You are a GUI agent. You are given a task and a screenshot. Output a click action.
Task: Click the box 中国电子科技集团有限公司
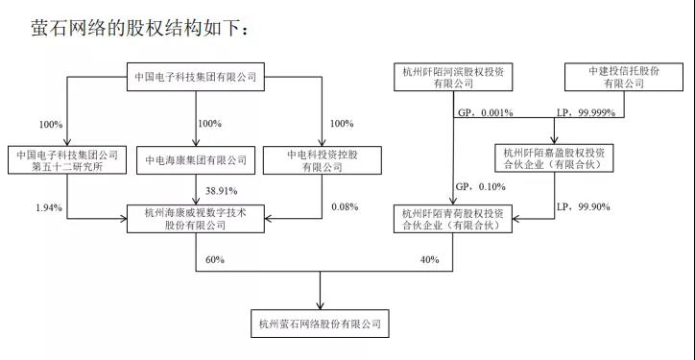tap(195, 76)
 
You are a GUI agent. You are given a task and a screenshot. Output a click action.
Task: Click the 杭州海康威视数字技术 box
tap(195, 218)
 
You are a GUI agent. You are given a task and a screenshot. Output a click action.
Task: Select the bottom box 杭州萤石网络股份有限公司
tap(319, 324)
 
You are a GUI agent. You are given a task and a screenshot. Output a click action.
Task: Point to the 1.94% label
tap(48, 207)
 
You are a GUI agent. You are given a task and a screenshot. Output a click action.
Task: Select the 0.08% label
tap(343, 207)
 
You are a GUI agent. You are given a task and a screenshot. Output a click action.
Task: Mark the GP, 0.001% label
tap(479, 112)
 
